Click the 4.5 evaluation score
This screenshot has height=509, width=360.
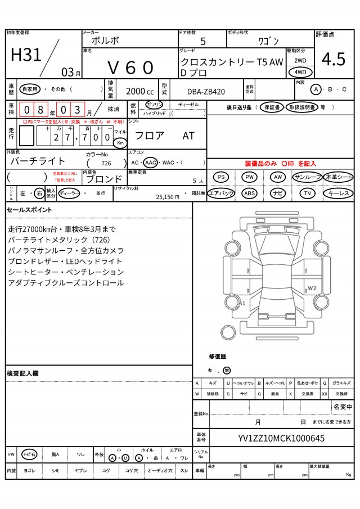[334, 60]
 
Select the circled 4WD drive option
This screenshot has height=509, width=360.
[300, 72]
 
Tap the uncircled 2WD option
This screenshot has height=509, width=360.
[300, 61]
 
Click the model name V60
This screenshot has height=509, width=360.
[130, 67]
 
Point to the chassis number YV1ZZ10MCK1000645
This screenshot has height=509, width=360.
[281, 439]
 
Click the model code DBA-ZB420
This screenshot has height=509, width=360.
[206, 92]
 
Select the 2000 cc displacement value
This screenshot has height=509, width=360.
[140, 92]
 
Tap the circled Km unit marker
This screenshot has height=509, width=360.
[120, 143]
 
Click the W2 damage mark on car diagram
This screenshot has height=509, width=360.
[312, 289]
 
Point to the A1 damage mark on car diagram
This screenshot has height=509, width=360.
[242, 303]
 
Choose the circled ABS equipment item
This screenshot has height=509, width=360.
[249, 193]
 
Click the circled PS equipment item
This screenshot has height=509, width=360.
[221, 177]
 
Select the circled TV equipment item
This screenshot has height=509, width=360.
[307, 193]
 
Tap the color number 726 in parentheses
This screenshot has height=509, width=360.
[106, 163]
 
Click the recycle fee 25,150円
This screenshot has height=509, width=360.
[168, 197]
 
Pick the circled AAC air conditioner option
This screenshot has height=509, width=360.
[150, 163]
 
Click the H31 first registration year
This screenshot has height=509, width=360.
[26, 55]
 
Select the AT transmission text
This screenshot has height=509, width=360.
[188, 136]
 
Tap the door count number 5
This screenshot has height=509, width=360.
[203, 41]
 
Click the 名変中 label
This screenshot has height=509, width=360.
[343, 407]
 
